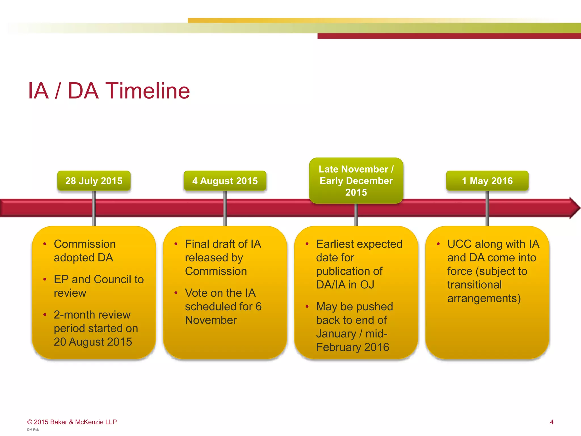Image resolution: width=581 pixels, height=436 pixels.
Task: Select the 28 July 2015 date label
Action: (94, 181)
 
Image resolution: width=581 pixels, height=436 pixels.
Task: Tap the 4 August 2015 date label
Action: (225, 181)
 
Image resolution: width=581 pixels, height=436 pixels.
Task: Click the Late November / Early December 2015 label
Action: (356, 181)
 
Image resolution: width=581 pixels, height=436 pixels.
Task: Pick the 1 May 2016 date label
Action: (487, 181)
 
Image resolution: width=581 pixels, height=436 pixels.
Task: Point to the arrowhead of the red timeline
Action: (574, 208)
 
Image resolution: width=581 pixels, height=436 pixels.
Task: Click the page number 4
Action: (551, 422)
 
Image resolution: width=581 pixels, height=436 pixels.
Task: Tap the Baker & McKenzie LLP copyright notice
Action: (72, 422)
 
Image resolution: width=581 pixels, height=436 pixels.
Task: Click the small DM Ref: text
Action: (33, 430)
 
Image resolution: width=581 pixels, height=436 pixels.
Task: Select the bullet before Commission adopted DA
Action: (45, 244)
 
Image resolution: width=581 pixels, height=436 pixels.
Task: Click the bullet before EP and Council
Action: (45, 280)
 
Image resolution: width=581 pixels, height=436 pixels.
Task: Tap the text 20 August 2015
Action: (93, 342)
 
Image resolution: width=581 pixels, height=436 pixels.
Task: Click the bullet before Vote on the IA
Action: (176, 293)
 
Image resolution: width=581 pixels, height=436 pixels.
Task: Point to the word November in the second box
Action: (211, 320)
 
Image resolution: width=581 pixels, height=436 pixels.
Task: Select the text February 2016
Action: (353, 347)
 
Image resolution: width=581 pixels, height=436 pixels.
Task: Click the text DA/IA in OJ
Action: (345, 284)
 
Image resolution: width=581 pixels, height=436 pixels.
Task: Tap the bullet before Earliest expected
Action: (307, 244)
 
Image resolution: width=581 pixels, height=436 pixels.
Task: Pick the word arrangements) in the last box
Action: (484, 298)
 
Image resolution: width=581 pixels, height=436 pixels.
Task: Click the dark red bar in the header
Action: (448, 36)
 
